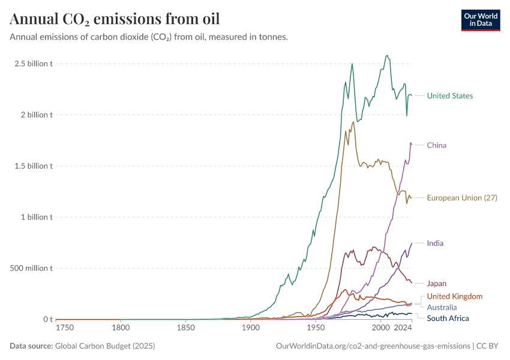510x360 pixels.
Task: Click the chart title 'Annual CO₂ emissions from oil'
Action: pos(115,19)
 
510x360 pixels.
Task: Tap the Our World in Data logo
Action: pos(481,20)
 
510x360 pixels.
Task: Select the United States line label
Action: pos(449,96)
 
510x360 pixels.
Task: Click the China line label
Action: pos(436,145)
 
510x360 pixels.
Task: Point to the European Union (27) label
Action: pos(461,198)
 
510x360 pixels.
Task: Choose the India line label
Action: pos(435,244)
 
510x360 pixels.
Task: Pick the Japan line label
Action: pos(436,283)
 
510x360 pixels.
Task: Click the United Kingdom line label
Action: pos(454,296)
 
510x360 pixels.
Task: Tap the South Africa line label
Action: pos(448,318)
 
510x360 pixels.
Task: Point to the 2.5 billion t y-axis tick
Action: pos(34,64)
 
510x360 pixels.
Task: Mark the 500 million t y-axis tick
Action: pos(31,268)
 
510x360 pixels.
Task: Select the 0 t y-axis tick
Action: pos(47,319)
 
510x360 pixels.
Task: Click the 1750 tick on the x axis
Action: pos(64,328)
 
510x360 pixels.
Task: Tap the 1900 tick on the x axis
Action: pos(251,328)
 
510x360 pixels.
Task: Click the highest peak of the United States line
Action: pos(387,55)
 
